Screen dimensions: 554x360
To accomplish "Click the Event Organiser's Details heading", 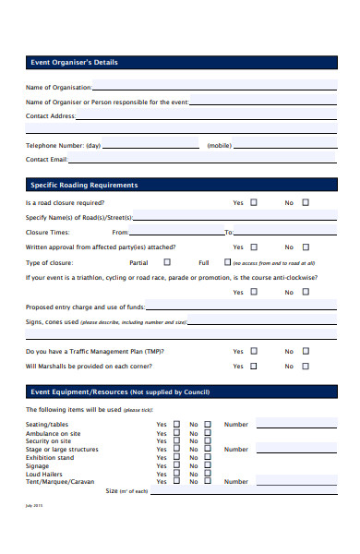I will [x=74, y=63].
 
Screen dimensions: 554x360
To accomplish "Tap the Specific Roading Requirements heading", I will [x=84, y=185].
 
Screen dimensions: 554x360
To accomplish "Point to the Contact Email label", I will [x=47, y=159].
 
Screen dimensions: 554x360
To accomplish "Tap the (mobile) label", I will [x=219, y=145].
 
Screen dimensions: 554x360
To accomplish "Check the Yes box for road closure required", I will [x=254, y=202].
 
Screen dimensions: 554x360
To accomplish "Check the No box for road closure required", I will [x=306, y=202].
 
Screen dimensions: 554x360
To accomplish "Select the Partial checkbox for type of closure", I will [x=166, y=262].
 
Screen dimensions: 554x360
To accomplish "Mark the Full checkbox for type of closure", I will [x=227, y=262].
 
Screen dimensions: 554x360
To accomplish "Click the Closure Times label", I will [x=47, y=233].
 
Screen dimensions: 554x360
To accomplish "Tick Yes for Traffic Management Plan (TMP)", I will [x=254, y=351].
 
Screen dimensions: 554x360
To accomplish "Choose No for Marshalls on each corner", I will [x=306, y=366].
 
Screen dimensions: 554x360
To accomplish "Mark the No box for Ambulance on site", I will [x=208, y=433].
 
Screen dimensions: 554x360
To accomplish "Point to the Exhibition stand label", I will [x=50, y=457].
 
